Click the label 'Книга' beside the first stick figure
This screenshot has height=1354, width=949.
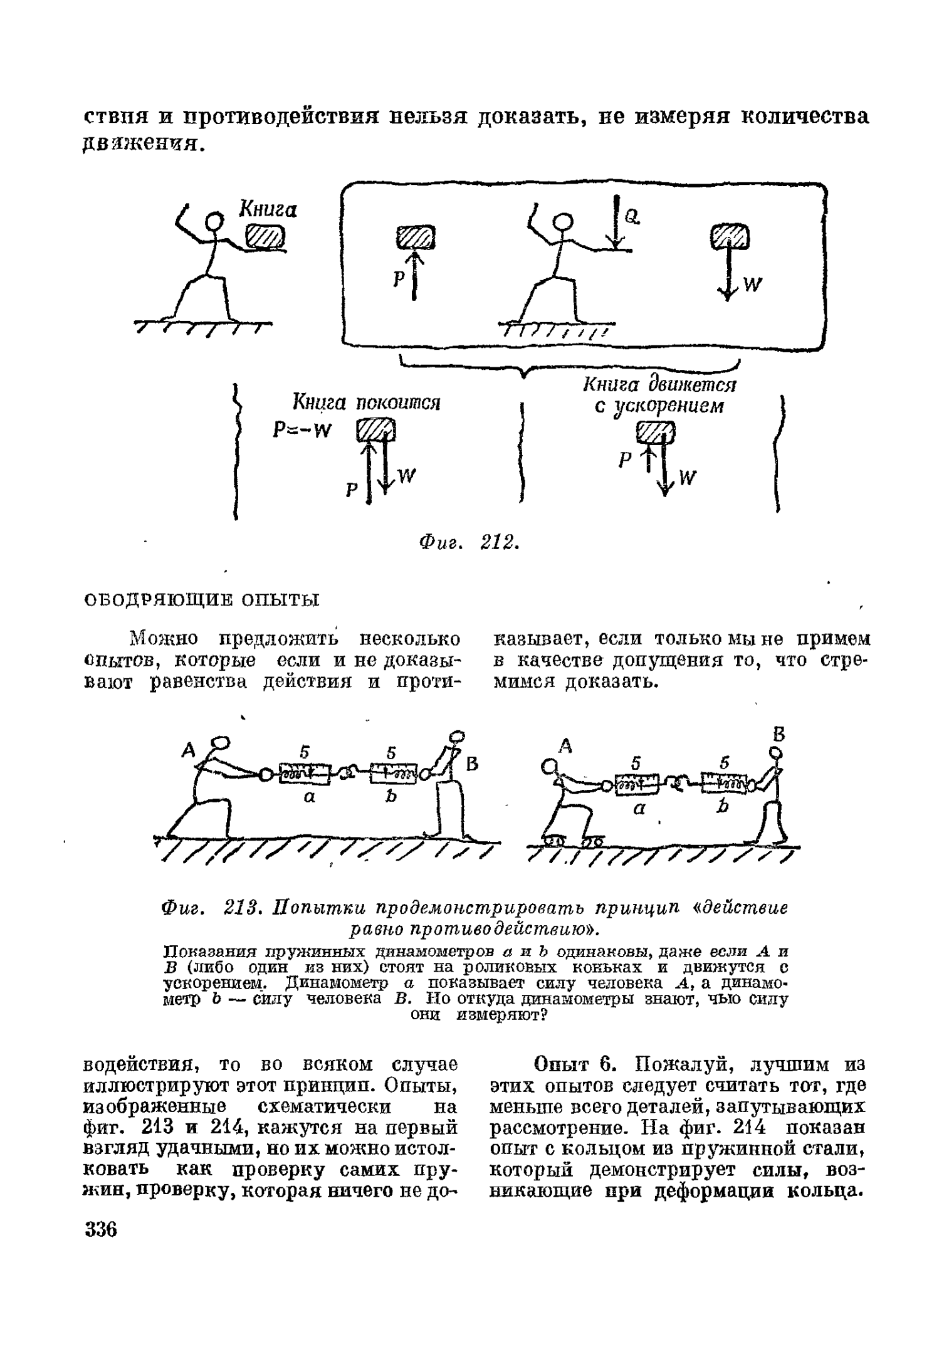[x=267, y=209]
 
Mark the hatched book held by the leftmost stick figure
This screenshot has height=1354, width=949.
[x=265, y=238]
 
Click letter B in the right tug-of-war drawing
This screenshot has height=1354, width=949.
[x=779, y=735]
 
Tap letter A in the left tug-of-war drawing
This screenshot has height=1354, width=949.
[x=187, y=750]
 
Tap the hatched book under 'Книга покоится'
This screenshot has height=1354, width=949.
[x=376, y=431]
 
